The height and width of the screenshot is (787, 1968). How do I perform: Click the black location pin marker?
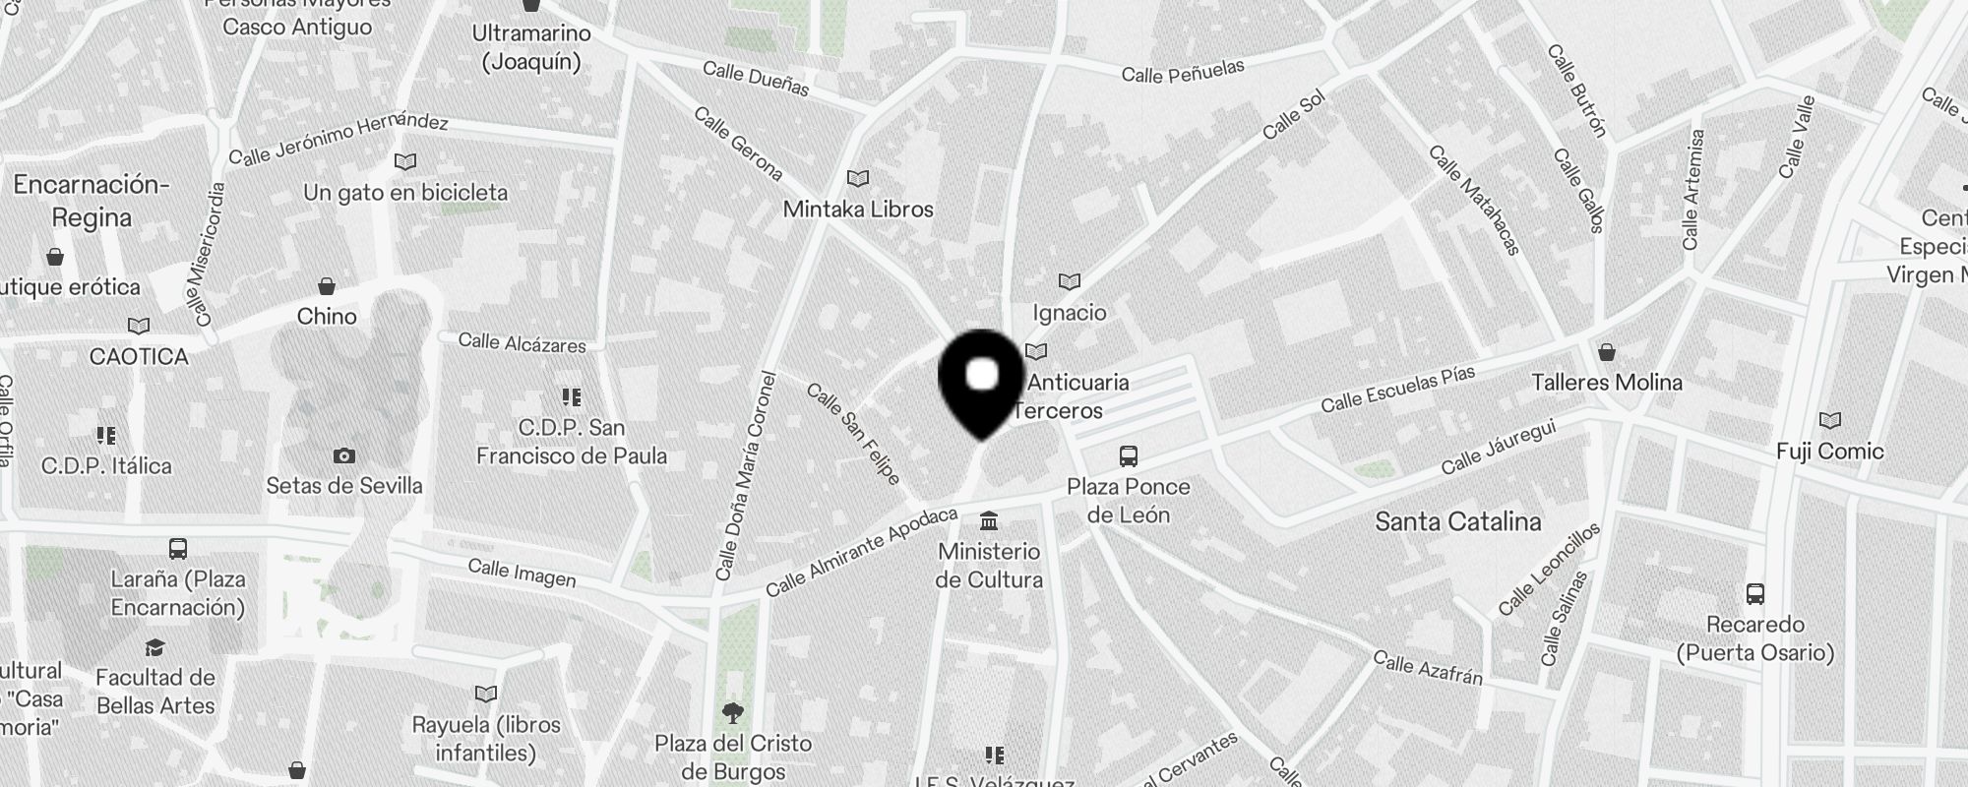(982, 383)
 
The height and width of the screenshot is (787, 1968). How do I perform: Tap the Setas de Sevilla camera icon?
(344, 455)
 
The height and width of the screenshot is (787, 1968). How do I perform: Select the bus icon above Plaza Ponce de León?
(1129, 456)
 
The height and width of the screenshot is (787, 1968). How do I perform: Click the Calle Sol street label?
(1294, 115)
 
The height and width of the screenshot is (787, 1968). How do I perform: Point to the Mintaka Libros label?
(858, 209)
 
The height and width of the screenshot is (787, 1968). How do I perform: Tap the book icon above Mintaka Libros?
(858, 178)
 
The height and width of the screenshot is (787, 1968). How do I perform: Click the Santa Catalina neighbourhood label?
(1457, 521)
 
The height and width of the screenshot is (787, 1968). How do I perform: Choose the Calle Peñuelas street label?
(1183, 71)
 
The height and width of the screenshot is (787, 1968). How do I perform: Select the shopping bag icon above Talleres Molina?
(1607, 352)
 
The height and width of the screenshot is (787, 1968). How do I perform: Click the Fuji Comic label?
(1829, 452)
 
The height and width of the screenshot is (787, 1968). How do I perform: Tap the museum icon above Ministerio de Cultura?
(989, 520)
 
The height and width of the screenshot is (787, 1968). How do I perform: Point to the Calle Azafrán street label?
(1427, 667)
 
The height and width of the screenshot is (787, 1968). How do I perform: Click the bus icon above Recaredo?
(1755, 594)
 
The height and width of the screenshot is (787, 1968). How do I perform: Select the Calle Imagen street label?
(522, 573)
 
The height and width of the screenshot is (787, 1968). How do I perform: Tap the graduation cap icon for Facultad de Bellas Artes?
(154, 647)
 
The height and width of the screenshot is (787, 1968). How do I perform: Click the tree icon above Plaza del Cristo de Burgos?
(733, 712)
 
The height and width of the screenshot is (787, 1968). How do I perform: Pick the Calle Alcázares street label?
(522, 343)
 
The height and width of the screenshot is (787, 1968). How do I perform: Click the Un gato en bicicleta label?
(405, 192)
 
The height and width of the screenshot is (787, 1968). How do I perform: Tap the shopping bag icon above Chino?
(327, 286)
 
